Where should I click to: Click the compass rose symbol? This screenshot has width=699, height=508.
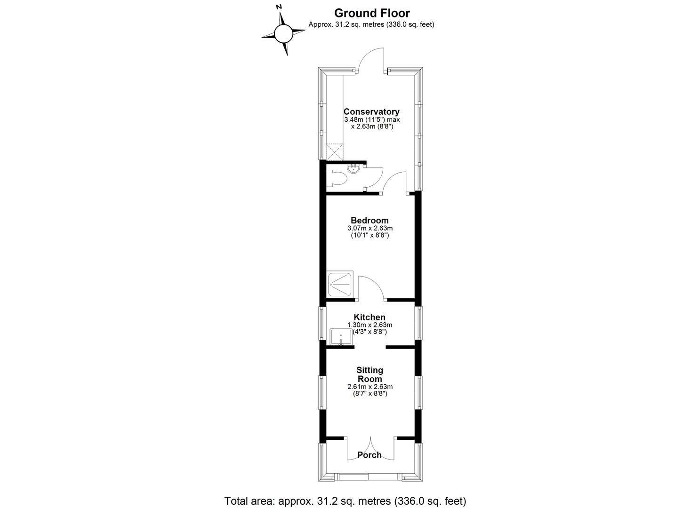[283, 33]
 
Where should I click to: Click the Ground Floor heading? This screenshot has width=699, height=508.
[372, 13]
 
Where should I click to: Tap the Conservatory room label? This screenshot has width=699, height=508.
[371, 112]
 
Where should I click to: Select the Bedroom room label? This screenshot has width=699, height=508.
[370, 221]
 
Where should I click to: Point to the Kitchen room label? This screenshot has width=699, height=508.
[370, 317]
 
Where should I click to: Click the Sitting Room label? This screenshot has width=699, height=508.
[370, 374]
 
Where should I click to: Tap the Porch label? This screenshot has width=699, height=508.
[370, 455]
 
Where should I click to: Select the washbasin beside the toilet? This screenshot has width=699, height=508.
[354, 168]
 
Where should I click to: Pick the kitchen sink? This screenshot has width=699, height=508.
[341, 337]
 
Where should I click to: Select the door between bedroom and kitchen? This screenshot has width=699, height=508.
[371, 288]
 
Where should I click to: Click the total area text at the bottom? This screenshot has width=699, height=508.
[345, 500]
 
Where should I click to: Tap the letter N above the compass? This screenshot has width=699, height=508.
[279, 7]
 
